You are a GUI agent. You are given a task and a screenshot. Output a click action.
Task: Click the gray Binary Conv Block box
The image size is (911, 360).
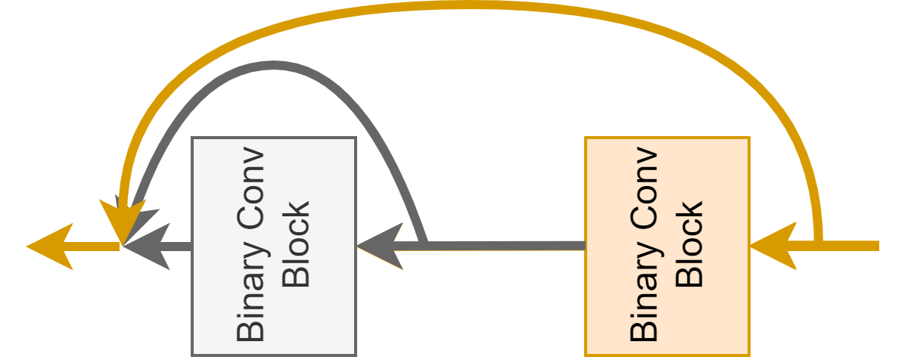click(273, 246)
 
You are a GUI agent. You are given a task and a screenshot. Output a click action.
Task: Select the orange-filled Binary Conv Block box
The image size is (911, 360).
click(667, 246)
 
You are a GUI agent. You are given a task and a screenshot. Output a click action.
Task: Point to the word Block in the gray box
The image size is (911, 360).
click(296, 244)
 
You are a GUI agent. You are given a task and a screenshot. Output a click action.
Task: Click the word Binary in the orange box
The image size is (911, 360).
click(644, 300)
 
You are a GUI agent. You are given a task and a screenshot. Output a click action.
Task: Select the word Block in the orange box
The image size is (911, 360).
click(689, 244)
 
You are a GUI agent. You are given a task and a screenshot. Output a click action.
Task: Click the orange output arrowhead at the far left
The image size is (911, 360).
click(49, 246)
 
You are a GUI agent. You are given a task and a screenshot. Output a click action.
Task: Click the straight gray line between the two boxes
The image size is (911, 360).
click(507, 246)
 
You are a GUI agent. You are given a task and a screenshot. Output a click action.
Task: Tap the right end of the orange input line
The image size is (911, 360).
click(876, 246)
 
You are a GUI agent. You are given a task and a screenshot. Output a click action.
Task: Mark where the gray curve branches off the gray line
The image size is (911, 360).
click(425, 244)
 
